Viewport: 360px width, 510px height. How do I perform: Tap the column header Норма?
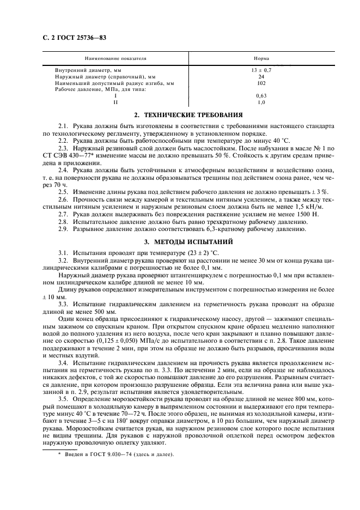pos(261,57)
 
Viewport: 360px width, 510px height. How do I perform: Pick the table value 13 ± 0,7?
pos(261,71)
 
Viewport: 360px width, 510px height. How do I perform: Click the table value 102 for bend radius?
pos(261,83)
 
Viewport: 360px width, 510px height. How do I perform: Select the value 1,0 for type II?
pos(261,102)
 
